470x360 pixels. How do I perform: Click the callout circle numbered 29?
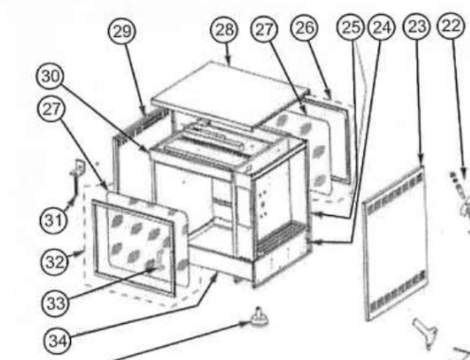click(122, 31)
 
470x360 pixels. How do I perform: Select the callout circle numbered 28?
click(225, 30)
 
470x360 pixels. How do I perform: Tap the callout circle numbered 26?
click(304, 27)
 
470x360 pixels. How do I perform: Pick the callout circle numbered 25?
click(351, 27)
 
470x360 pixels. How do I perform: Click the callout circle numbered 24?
click(382, 27)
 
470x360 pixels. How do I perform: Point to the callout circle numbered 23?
click(417, 27)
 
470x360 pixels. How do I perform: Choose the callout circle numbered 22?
click(451, 26)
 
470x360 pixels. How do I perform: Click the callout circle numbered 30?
click(50, 76)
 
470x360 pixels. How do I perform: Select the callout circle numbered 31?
click(54, 220)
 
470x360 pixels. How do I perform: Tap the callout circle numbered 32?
click(54, 261)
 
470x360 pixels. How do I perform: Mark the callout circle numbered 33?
click(55, 303)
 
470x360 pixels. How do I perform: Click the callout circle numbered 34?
click(58, 341)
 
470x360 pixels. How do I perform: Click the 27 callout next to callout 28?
click(264, 29)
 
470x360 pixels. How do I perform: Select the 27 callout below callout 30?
click(51, 109)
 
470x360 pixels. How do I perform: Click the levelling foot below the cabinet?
click(260, 317)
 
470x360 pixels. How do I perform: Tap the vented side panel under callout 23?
click(396, 243)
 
